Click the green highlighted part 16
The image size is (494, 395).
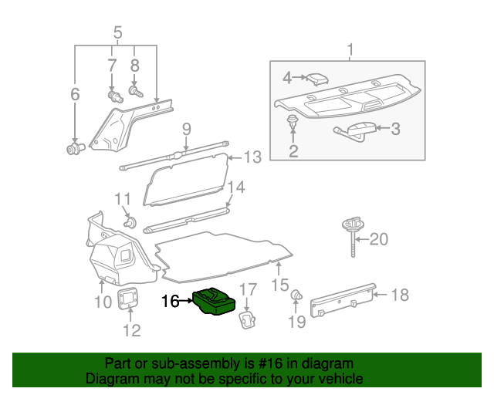(213, 301)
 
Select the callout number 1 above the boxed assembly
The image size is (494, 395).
(350, 51)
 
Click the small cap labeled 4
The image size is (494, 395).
(315, 78)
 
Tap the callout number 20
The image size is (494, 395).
(378, 240)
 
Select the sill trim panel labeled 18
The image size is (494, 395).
(342, 300)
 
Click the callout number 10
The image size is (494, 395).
(103, 302)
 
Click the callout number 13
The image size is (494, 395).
(253, 157)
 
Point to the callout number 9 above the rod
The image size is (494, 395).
(186, 128)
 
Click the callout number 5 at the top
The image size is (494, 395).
(117, 33)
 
